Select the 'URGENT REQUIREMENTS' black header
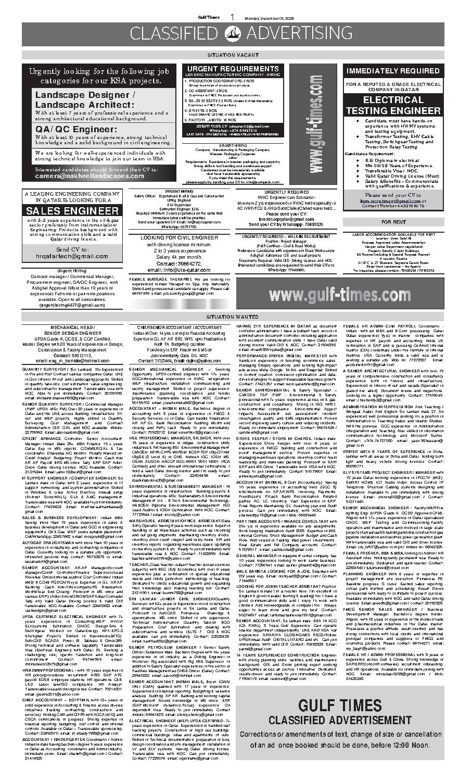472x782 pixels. click(233, 69)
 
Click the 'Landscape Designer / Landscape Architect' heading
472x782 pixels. click(84, 99)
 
